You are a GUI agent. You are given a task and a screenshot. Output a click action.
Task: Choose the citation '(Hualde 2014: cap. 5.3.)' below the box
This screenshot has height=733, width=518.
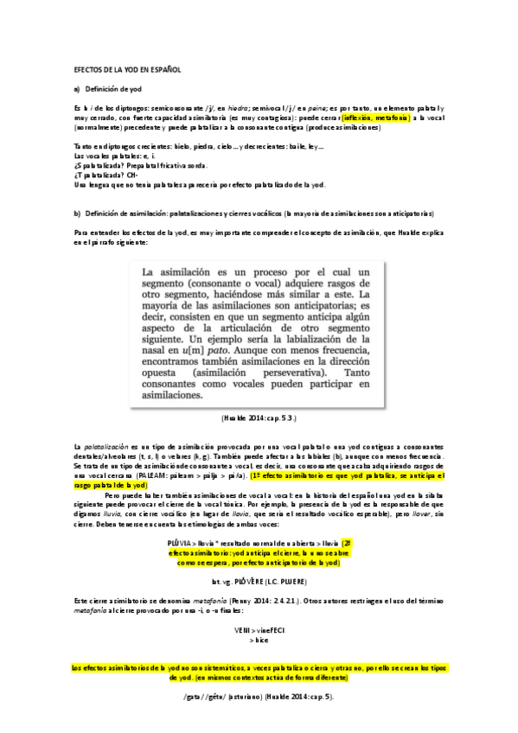coord(259,417)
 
